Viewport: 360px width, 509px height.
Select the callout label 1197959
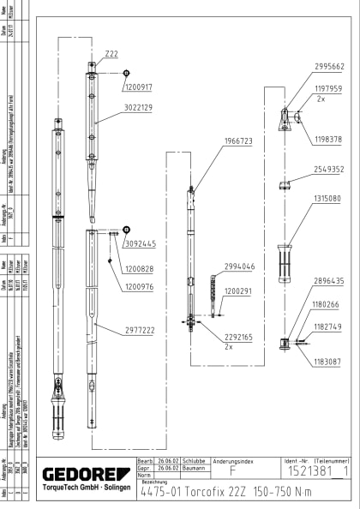(327, 111)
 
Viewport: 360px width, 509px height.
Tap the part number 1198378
(327, 139)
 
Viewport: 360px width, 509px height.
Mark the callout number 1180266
(327, 304)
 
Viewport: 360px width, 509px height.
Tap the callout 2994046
(240, 267)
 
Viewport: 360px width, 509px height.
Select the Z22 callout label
(111, 54)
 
